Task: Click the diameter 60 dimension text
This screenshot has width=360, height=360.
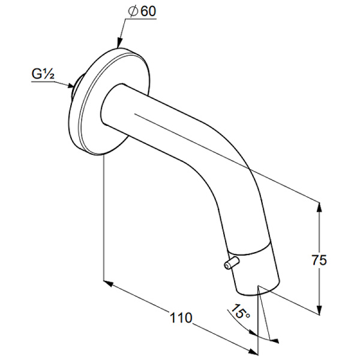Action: (x=143, y=11)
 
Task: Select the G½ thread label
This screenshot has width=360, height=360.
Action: (x=43, y=74)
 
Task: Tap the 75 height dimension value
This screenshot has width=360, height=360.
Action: (x=319, y=260)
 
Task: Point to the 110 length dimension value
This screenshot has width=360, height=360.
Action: (x=181, y=318)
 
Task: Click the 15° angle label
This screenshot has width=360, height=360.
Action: (x=239, y=311)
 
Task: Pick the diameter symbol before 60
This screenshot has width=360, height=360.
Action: (x=133, y=11)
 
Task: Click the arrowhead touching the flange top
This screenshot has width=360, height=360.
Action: (x=119, y=44)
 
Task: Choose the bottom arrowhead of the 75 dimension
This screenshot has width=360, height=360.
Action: (x=319, y=310)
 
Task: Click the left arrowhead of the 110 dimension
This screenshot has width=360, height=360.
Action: (x=109, y=283)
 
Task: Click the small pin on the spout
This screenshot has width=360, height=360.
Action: (x=232, y=263)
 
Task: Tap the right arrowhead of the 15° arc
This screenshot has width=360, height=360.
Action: (x=275, y=341)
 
